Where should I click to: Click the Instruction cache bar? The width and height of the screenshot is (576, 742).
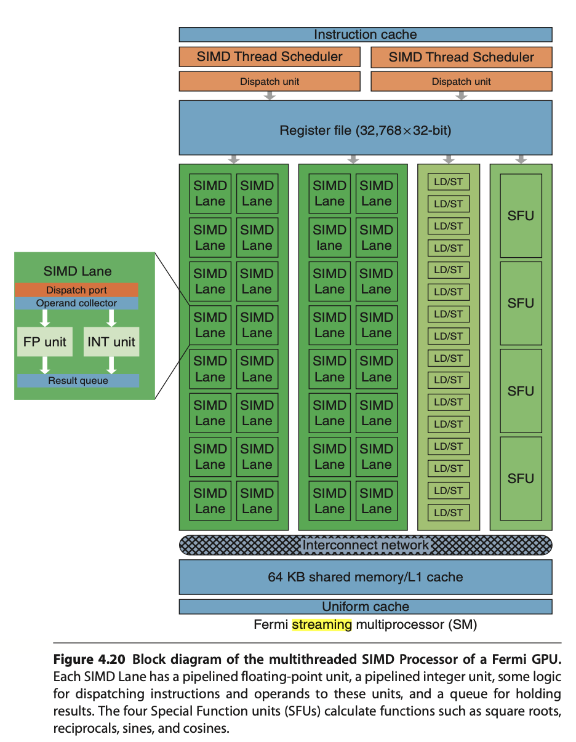coord(365,34)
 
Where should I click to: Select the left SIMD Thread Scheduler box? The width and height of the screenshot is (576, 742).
coord(270,57)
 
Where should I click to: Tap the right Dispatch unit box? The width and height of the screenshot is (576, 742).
coord(461,81)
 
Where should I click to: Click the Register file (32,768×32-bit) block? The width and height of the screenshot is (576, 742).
coord(365,130)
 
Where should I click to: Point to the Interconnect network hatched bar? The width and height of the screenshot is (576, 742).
coord(365,545)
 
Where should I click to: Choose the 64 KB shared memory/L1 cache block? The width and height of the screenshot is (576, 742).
coord(365,577)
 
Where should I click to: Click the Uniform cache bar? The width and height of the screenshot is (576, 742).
coord(365,607)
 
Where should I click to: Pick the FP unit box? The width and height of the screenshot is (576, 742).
coord(45,342)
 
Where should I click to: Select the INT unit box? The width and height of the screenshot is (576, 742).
coord(111,342)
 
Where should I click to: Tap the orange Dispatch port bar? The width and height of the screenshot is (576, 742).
coord(77,290)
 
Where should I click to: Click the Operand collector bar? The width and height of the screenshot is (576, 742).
coord(77,303)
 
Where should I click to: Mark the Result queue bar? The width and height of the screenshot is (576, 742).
coord(78,381)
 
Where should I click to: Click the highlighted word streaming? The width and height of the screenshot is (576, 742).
coord(322,624)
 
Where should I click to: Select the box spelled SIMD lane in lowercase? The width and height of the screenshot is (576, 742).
coord(329,237)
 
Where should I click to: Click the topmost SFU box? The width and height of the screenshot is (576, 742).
coord(521,216)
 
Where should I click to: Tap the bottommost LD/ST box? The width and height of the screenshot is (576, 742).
coord(448,513)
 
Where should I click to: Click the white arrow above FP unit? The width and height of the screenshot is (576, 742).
coord(45,318)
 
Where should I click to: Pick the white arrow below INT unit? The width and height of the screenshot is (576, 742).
coord(111,365)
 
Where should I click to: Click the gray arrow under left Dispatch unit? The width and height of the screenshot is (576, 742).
coord(270,96)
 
